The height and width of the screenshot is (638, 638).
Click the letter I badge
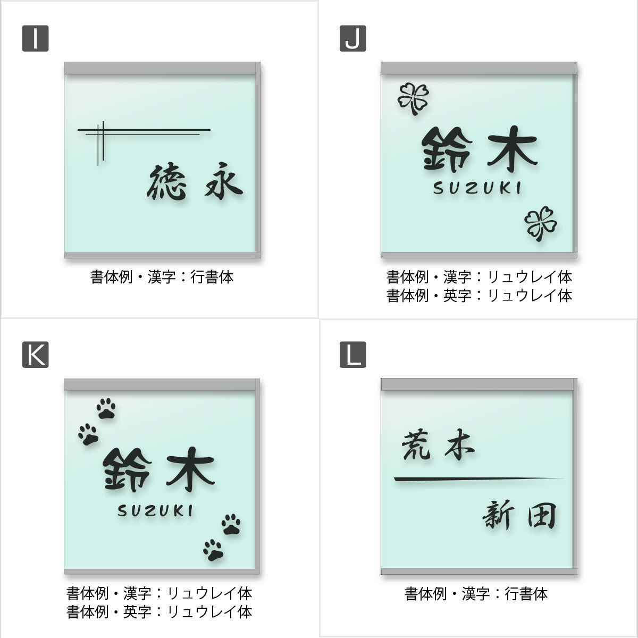click(x=35, y=38)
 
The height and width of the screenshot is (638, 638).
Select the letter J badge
click(x=353, y=38)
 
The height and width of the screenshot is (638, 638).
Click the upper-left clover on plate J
click(x=413, y=97)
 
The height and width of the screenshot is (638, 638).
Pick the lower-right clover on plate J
click(x=540, y=223)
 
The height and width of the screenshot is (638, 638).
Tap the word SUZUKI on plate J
click(x=478, y=188)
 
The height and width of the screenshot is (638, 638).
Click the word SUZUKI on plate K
click(x=155, y=511)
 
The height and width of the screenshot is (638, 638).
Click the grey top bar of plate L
click(x=478, y=384)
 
